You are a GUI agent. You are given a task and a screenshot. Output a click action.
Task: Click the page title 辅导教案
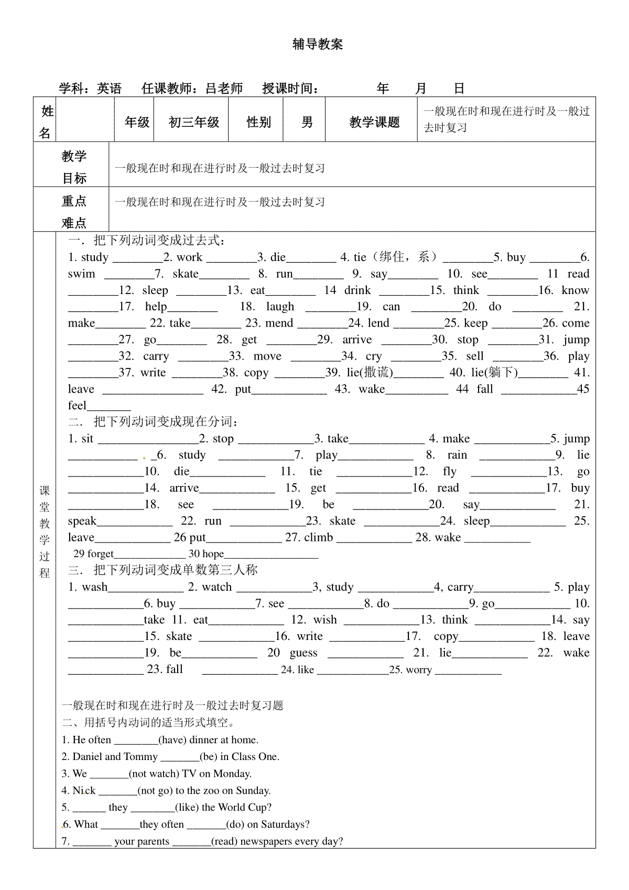pyautogui.click(x=318, y=45)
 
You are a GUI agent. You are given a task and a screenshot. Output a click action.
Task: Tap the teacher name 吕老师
pyautogui.click(x=224, y=89)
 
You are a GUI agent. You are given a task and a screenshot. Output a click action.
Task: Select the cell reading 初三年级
pyautogui.click(x=193, y=123)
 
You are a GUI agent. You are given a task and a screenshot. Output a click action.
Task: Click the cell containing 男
pyautogui.click(x=307, y=123)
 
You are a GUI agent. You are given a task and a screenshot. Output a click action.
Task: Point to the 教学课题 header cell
pyautogui.click(x=374, y=123)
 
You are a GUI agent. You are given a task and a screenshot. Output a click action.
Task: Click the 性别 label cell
pyautogui.click(x=259, y=123)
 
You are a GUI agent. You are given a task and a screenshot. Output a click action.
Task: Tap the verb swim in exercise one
pyautogui.click(x=81, y=274)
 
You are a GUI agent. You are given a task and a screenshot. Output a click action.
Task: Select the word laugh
pyautogui.click(x=280, y=307)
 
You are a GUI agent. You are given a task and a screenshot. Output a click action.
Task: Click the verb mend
pyautogui.click(x=279, y=323)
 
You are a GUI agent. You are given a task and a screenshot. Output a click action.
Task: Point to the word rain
pyautogui.click(x=457, y=455)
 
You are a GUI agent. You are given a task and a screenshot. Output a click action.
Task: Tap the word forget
pyautogui.click(x=100, y=554)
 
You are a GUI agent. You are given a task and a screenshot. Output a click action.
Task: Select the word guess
pyautogui.click(x=303, y=653)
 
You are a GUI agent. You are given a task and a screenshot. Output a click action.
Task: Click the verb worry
pyautogui.click(x=419, y=670)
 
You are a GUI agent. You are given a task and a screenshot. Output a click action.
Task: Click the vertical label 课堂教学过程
pyautogui.click(x=45, y=532)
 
